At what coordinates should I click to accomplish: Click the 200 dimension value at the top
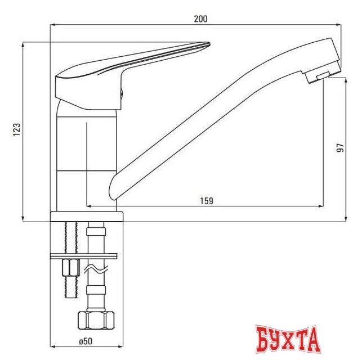click(x=200, y=19)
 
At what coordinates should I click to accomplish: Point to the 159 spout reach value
click(x=207, y=201)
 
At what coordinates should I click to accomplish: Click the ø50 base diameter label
click(x=86, y=340)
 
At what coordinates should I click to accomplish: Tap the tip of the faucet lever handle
click(x=207, y=45)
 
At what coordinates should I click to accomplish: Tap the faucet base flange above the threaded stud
click(x=87, y=217)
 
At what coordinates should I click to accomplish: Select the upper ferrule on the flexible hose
click(x=96, y=231)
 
